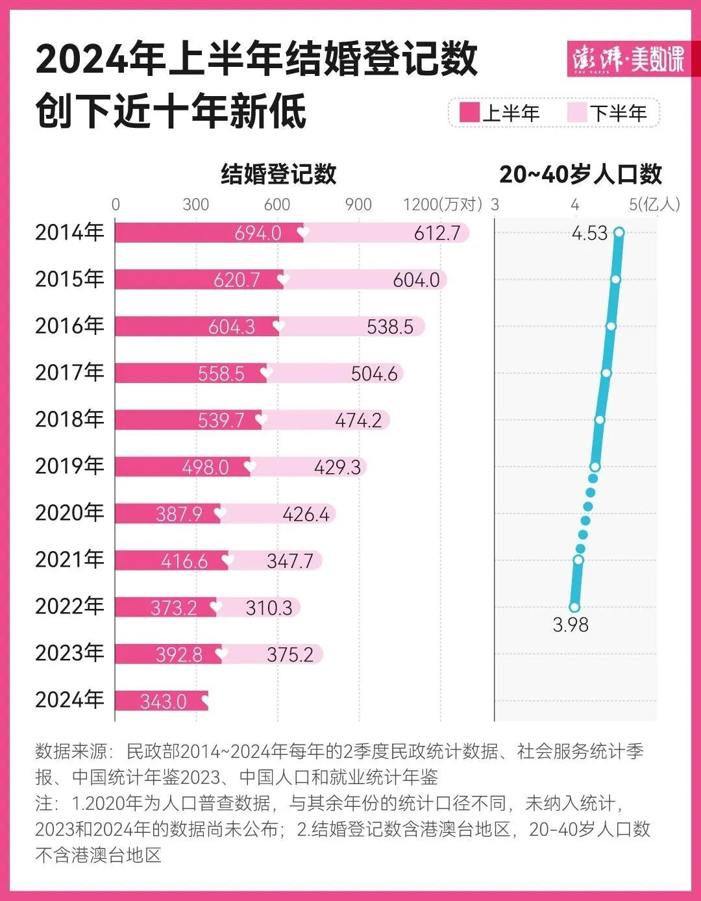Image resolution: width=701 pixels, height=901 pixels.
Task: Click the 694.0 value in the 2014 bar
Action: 258,233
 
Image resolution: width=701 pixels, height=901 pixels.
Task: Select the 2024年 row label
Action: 69,700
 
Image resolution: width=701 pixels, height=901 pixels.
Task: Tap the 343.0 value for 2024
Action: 163,702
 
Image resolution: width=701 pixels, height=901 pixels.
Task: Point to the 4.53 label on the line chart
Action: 589,233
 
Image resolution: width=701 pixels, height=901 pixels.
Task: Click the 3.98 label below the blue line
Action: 571,624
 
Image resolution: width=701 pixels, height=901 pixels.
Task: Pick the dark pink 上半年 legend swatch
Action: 469,113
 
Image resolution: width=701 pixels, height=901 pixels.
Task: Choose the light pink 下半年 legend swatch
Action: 576,113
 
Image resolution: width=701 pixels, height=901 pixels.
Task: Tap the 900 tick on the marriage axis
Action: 358,204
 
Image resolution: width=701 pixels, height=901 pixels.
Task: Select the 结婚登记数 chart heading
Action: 278,174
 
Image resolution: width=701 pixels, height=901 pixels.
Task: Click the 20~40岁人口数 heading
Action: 580,174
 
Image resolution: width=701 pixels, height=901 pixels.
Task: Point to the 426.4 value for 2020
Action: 306,514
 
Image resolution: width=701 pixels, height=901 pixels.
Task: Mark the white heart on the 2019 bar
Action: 250,466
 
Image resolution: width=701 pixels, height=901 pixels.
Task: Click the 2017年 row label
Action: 69,373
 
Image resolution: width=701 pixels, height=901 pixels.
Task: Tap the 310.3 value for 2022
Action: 269,608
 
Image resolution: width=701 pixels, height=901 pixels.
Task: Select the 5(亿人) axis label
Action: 654,204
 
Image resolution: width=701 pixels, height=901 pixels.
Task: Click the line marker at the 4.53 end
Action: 619,232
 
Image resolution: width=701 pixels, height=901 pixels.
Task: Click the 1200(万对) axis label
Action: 443,204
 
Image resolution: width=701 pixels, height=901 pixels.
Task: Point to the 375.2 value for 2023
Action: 290,655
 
